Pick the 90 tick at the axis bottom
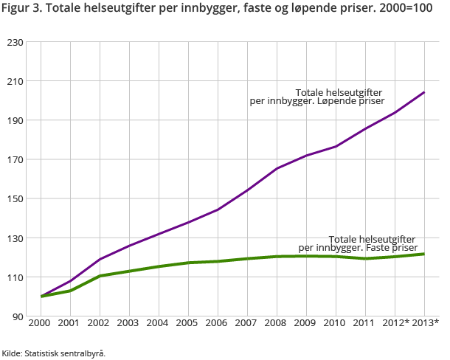click(x=16, y=316)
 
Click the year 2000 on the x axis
click(x=41, y=322)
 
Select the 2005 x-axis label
click(x=188, y=322)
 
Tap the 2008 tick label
click(x=277, y=322)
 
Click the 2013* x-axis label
click(x=426, y=322)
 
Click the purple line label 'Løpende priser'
click(x=317, y=97)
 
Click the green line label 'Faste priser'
click(x=358, y=243)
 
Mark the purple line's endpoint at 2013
click(x=424, y=92)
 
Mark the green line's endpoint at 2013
click(x=424, y=254)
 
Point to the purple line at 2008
click(x=277, y=168)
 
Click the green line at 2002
click(x=100, y=276)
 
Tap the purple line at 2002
click(x=100, y=259)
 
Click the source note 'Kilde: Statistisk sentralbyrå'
click(x=54, y=353)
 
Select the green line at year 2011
click(x=365, y=258)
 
